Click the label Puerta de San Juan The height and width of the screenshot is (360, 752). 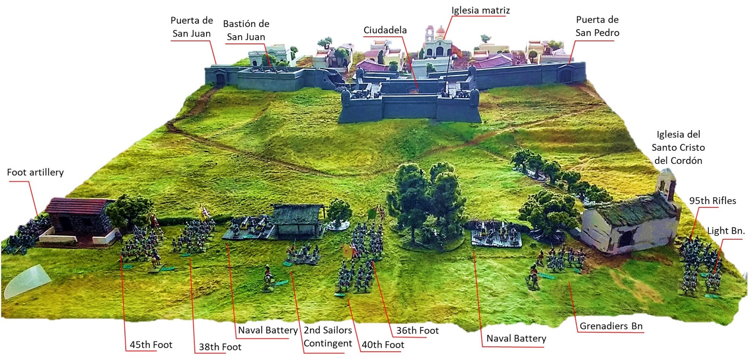pyautogui.click(x=191, y=27)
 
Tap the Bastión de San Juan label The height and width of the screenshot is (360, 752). pyautogui.click(x=246, y=31)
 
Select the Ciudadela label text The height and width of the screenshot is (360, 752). pyautogui.click(x=385, y=31)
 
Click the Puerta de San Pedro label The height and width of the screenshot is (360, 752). pyautogui.click(x=597, y=26)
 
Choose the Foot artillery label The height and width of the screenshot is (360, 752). pyautogui.click(x=35, y=172)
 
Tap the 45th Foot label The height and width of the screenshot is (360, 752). pyautogui.click(x=151, y=345)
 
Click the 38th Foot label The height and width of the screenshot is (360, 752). pyautogui.click(x=220, y=347)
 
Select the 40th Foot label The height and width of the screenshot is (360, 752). pyautogui.click(x=383, y=345)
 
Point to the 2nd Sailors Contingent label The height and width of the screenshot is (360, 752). pyautogui.click(x=328, y=337)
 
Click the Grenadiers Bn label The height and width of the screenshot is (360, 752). pyautogui.click(x=611, y=326)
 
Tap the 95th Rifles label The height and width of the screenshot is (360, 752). pyautogui.click(x=713, y=201)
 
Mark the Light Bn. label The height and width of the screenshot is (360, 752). pyautogui.click(x=726, y=231)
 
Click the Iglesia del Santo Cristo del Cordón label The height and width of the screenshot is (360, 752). pyautogui.click(x=678, y=148)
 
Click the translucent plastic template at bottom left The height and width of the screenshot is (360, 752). pyautogui.click(x=27, y=282)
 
